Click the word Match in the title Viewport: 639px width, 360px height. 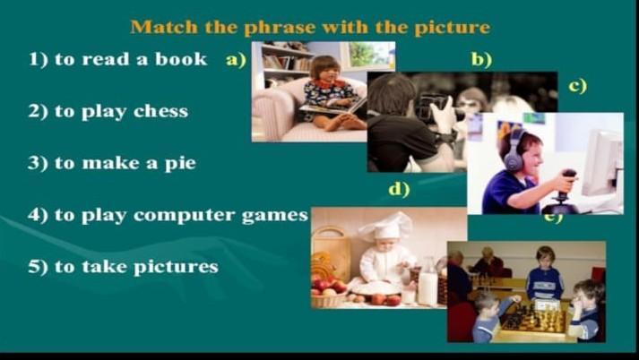164,27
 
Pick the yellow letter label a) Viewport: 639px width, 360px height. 236,60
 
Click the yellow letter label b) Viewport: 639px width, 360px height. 481,59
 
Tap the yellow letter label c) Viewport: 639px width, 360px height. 578,86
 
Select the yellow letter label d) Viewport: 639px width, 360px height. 399,189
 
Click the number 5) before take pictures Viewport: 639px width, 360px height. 38,267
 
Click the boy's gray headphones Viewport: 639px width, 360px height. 514,151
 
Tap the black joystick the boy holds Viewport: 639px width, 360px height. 563,191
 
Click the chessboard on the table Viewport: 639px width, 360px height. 533,318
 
